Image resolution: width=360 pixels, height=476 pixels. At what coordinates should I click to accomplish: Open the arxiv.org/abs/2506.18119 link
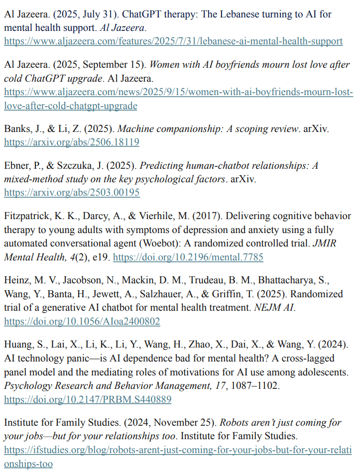tap(71, 142)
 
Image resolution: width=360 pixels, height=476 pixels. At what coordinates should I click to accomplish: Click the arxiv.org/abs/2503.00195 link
tap(72, 192)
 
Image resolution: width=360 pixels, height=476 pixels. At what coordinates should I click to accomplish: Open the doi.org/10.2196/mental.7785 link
tap(189, 257)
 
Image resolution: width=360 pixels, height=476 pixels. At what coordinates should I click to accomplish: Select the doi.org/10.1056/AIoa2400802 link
tap(82, 321)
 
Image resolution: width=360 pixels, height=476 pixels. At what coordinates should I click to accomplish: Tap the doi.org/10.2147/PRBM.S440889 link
tap(88, 399)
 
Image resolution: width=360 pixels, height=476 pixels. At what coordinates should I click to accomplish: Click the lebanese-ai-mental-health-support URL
tap(173, 41)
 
